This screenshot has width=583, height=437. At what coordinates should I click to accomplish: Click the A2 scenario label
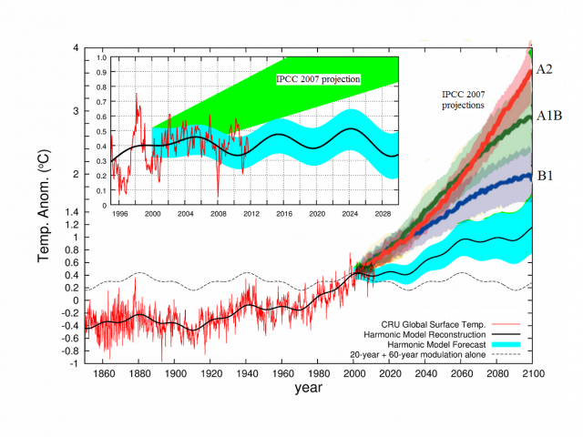(545, 69)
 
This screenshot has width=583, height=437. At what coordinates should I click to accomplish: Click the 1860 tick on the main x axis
(102, 372)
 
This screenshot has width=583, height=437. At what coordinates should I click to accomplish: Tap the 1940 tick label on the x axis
(246, 372)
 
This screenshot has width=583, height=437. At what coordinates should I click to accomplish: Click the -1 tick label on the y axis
(73, 362)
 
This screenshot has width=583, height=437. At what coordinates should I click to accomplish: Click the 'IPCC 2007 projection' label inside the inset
(318, 80)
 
